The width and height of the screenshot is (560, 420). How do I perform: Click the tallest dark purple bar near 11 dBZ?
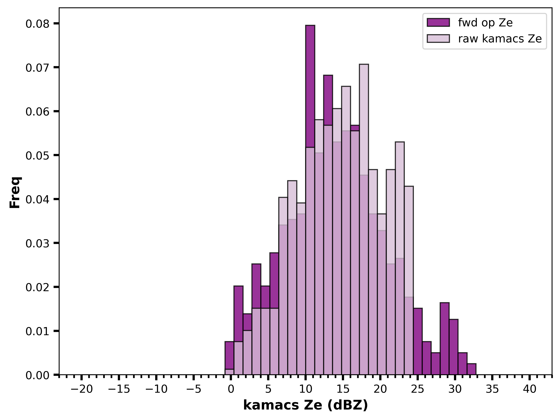310,86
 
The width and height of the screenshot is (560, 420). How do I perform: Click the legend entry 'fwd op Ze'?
485,23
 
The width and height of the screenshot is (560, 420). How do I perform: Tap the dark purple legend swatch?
438,23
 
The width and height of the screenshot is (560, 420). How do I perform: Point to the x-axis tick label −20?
82,389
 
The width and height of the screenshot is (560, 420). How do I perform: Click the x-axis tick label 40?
530,389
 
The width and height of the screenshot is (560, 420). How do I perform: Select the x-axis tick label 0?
231,389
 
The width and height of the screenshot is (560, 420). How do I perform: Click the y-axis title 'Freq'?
15,192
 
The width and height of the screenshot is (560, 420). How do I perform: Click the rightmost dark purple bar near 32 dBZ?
472,369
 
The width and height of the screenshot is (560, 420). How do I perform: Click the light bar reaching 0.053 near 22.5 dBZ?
400,200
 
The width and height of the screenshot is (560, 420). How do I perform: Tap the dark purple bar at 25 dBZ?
418,341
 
